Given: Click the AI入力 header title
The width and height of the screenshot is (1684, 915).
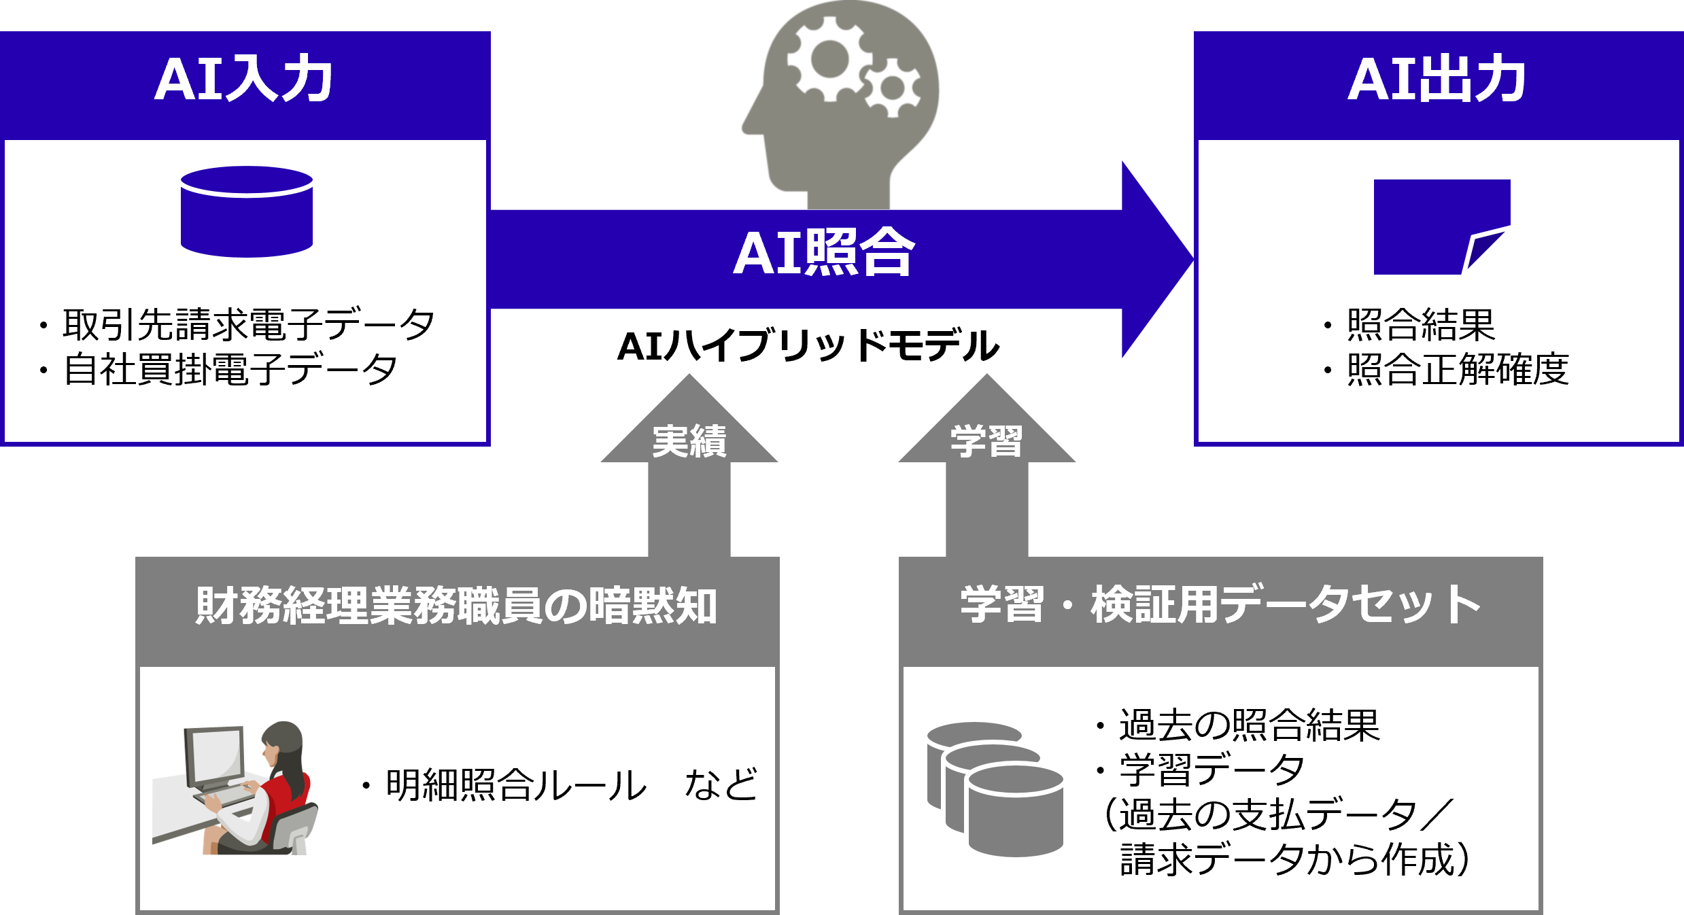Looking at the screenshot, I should click(x=243, y=80).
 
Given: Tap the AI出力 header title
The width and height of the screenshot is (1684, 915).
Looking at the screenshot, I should click(x=1437, y=80).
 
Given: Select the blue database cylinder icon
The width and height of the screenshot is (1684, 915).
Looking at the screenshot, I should click(x=247, y=212).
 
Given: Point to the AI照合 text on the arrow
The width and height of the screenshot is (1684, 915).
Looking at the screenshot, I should click(x=823, y=253).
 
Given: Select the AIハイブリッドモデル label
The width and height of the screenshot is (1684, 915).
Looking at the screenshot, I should click(x=808, y=346).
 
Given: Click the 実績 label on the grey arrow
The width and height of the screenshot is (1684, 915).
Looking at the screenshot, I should click(x=689, y=442).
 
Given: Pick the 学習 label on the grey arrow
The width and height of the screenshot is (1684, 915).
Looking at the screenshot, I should click(x=986, y=442).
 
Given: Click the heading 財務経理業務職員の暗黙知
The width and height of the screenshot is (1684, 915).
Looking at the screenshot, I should click(x=456, y=606).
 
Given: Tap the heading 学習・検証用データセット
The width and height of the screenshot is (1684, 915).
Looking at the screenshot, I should click(x=1220, y=604).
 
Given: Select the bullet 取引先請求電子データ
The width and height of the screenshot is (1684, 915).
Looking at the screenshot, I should click(x=248, y=325).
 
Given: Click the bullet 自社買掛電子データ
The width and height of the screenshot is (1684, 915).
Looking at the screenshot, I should click(x=230, y=370).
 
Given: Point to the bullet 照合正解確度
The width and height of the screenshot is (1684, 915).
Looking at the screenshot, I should click(x=1457, y=370).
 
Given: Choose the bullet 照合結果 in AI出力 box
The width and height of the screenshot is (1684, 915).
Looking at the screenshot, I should click(x=1420, y=325).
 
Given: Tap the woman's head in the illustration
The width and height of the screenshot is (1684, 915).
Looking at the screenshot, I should click(x=282, y=741).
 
